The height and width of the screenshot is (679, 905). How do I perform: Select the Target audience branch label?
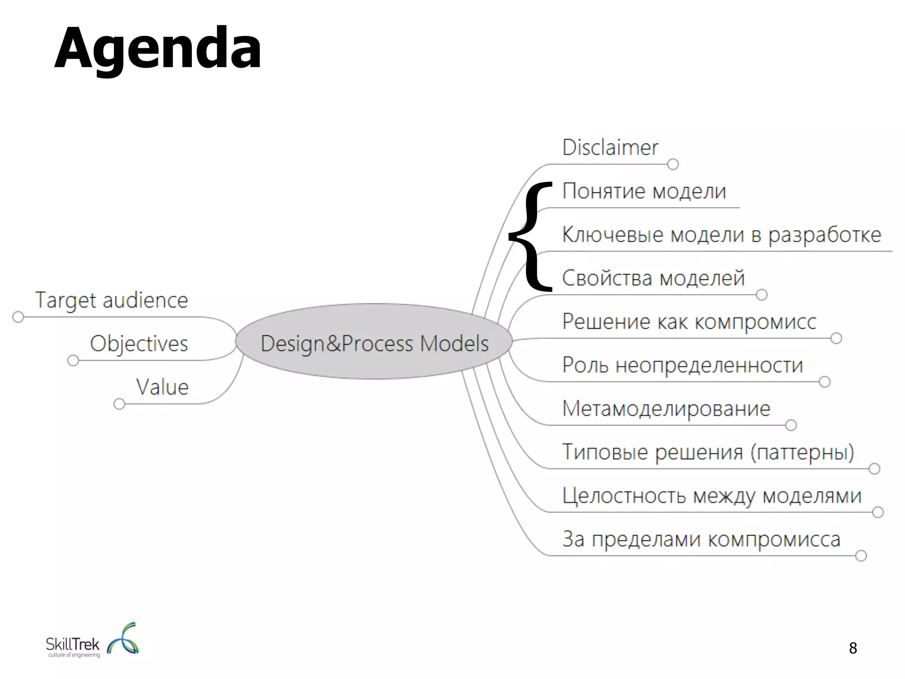click(111, 301)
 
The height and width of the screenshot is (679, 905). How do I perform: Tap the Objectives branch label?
click(139, 344)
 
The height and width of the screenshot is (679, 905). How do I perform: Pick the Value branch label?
click(162, 387)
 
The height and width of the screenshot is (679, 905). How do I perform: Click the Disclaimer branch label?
click(610, 148)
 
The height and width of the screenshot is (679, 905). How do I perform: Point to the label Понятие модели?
click(644, 191)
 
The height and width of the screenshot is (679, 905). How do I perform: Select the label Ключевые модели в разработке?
click(721, 235)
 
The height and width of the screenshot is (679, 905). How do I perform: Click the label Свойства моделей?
click(653, 278)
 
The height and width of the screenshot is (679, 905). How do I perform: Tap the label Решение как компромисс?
click(689, 321)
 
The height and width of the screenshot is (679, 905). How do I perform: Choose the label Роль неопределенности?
click(682, 365)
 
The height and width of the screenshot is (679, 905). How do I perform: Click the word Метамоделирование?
click(666, 408)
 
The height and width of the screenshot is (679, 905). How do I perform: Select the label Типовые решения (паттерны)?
click(708, 452)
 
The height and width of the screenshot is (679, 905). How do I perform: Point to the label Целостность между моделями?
click(711, 496)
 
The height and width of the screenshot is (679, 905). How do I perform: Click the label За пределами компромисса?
click(701, 539)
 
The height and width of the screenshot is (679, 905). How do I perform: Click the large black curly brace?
click(530, 237)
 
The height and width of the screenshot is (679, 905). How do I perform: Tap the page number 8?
click(853, 648)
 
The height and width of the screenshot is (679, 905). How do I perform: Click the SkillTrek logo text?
click(73, 645)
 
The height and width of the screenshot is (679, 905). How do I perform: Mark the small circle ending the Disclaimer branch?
click(673, 164)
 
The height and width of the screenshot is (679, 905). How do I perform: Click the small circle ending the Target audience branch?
click(18, 317)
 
